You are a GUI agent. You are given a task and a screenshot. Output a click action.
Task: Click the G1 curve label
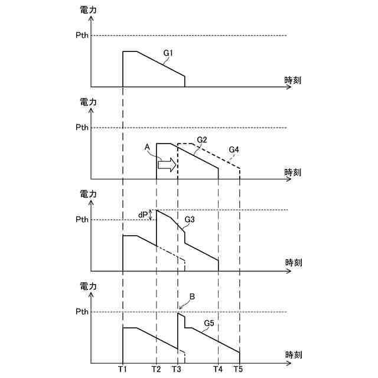[x=168, y=53]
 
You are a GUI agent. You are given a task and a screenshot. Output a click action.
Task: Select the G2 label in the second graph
[x=202, y=139]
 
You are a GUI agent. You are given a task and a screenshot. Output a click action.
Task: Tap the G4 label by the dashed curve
[x=233, y=150]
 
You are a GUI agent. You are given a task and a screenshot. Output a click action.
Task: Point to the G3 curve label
[x=190, y=219]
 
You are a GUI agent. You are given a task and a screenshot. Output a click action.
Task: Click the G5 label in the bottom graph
[x=208, y=323]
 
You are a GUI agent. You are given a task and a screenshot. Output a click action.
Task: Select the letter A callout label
[x=148, y=148]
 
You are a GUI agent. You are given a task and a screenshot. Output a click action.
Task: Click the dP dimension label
[x=142, y=215]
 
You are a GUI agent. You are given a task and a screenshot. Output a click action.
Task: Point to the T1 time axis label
[x=122, y=370]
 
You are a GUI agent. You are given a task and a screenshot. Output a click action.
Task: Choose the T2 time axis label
[x=156, y=370]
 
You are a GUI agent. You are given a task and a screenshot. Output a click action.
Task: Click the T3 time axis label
[x=177, y=370]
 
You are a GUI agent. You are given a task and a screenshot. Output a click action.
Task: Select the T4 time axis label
[x=218, y=370]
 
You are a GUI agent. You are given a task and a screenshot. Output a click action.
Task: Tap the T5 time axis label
[x=239, y=370]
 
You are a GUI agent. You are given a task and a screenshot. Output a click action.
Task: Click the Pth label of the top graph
[x=82, y=35]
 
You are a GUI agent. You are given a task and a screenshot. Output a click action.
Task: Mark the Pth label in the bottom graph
[x=82, y=311]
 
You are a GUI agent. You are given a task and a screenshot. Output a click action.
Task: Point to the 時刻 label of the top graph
[x=293, y=80]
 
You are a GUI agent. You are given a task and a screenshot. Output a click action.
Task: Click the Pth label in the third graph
[x=82, y=220]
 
